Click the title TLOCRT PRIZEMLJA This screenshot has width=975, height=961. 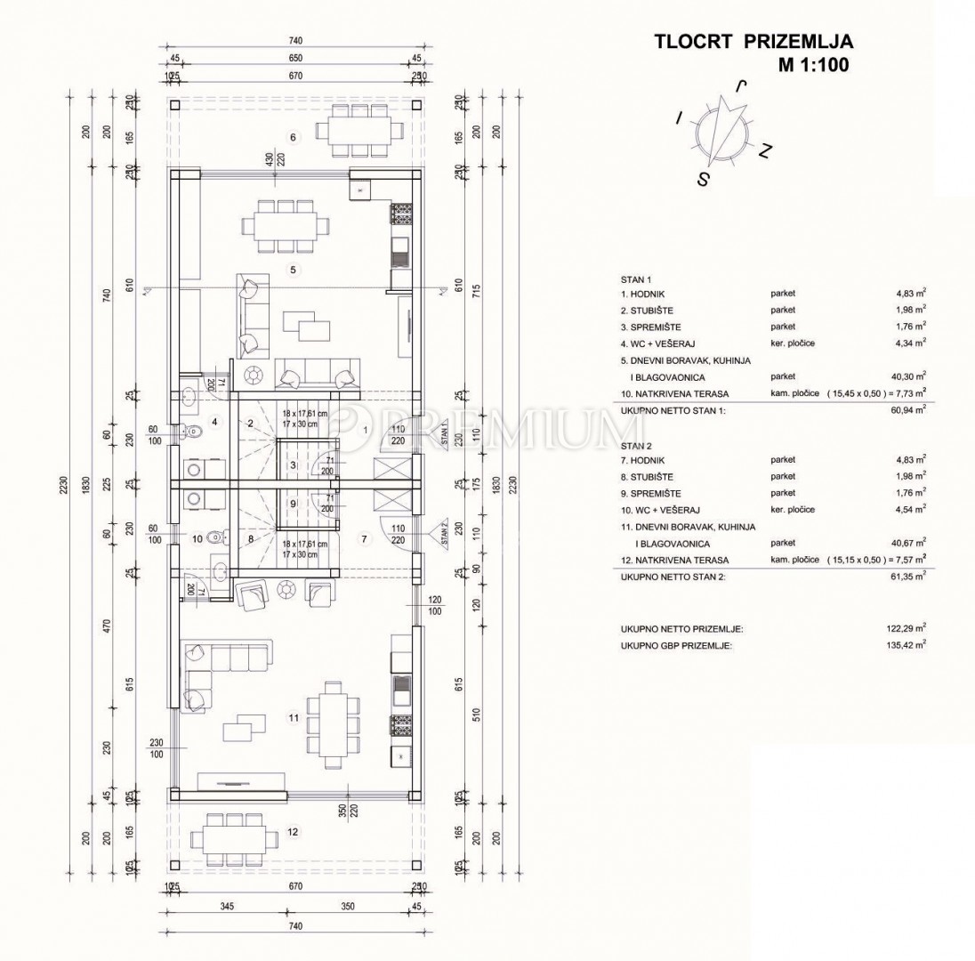(753, 41)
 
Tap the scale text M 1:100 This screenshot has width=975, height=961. (814, 64)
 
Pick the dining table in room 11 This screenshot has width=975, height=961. (334, 725)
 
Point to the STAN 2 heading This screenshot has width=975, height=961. (635, 443)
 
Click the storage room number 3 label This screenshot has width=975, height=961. (292, 464)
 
